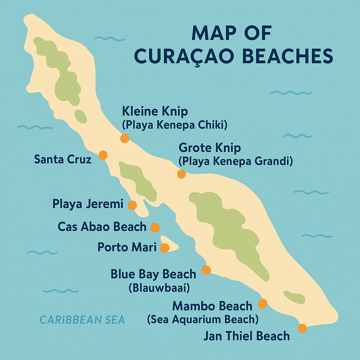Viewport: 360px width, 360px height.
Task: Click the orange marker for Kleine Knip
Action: [x=125, y=138]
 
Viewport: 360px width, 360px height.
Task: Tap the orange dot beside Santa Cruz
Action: [x=103, y=155]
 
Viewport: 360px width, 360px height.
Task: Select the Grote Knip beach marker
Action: [x=181, y=174]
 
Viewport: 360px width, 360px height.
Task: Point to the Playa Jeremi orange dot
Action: [x=132, y=205]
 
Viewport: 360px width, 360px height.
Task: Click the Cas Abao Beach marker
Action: [x=155, y=227]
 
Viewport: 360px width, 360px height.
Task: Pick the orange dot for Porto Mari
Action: [x=165, y=248]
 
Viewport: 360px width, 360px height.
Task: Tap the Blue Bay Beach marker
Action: [x=206, y=270]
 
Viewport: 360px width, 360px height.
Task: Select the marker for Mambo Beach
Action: [x=263, y=303]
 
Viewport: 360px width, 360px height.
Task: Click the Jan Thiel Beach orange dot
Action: [x=302, y=328]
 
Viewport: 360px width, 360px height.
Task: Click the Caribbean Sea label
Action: [x=82, y=320]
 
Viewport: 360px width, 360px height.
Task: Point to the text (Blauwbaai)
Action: [x=159, y=288]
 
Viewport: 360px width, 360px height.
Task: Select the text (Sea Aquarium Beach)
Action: [x=203, y=319]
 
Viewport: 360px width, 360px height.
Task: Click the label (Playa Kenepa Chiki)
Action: [x=174, y=125]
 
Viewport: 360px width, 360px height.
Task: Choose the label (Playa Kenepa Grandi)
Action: [x=236, y=161]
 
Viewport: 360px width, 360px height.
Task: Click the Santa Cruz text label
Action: [x=63, y=159]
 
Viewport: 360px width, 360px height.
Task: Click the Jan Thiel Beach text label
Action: [x=246, y=336]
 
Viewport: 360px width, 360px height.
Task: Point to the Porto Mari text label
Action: [x=127, y=247]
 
